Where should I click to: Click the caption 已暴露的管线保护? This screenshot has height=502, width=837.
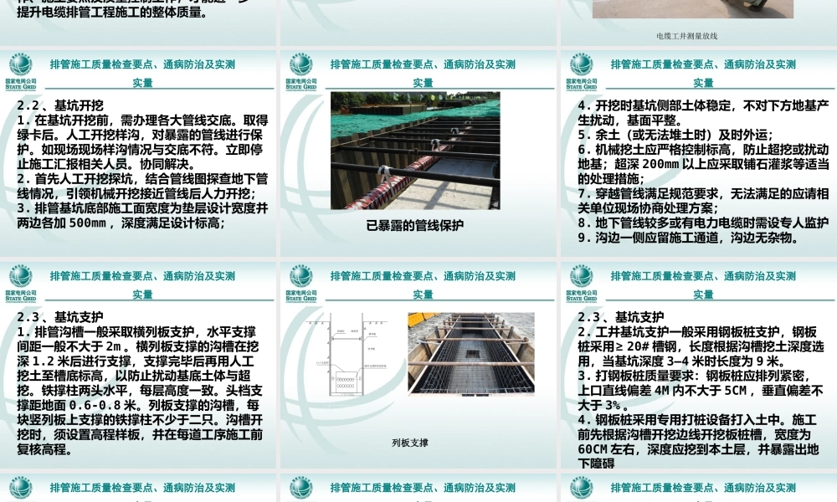point(414,225)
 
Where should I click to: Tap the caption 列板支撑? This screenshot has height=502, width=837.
point(410,443)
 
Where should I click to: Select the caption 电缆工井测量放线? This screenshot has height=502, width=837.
point(687,36)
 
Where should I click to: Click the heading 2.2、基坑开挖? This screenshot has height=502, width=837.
point(60,105)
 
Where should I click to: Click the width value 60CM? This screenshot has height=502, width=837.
point(596,448)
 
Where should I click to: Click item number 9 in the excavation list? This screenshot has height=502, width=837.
point(583,238)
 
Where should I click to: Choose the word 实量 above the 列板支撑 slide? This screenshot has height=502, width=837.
point(423,295)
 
